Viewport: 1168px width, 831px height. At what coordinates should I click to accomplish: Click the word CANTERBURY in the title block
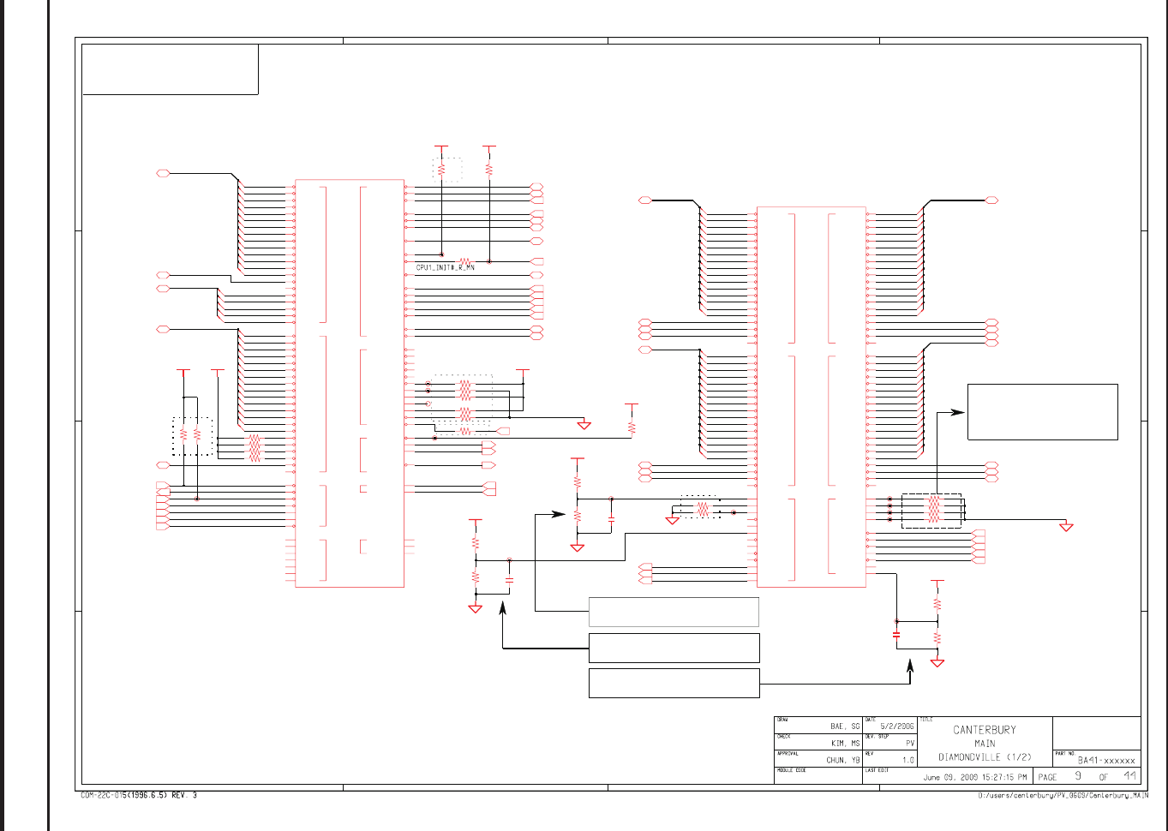pyautogui.click(x=985, y=730)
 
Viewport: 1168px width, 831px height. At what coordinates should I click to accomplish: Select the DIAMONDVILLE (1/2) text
pyautogui.click(x=985, y=757)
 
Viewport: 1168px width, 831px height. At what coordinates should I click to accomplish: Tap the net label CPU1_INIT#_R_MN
pyautogui.click(x=445, y=268)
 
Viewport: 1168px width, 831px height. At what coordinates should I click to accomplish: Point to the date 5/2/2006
pyautogui.click(x=897, y=726)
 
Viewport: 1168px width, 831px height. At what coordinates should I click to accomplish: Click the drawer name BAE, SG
pyautogui.click(x=844, y=726)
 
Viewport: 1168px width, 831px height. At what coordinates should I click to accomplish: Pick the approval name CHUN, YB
pyautogui.click(x=842, y=760)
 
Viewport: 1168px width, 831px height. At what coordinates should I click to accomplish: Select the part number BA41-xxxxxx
pyautogui.click(x=1106, y=760)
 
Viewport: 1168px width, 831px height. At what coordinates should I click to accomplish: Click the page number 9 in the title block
pyautogui.click(x=1078, y=776)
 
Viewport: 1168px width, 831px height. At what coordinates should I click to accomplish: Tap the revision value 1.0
pyautogui.click(x=908, y=760)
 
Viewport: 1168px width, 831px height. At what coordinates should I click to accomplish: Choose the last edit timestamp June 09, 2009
pyautogui.click(x=974, y=778)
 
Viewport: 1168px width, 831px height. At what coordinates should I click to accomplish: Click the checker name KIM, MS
pyautogui.click(x=845, y=744)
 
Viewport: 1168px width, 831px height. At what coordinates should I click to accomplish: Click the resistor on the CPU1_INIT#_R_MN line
pyautogui.click(x=465, y=261)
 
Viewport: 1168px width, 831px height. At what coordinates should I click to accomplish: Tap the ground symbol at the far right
pyautogui.click(x=1066, y=527)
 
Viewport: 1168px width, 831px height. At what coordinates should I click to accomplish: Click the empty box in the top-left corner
pyautogui.click(x=170, y=69)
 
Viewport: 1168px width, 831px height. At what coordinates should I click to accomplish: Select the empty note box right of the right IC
pyautogui.click(x=1042, y=412)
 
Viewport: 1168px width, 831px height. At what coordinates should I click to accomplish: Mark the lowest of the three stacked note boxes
pyautogui.click(x=674, y=684)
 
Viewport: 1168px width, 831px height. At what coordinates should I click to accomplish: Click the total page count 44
pyautogui.click(x=1130, y=776)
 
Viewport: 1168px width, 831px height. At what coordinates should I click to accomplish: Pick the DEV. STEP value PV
pyautogui.click(x=910, y=744)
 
